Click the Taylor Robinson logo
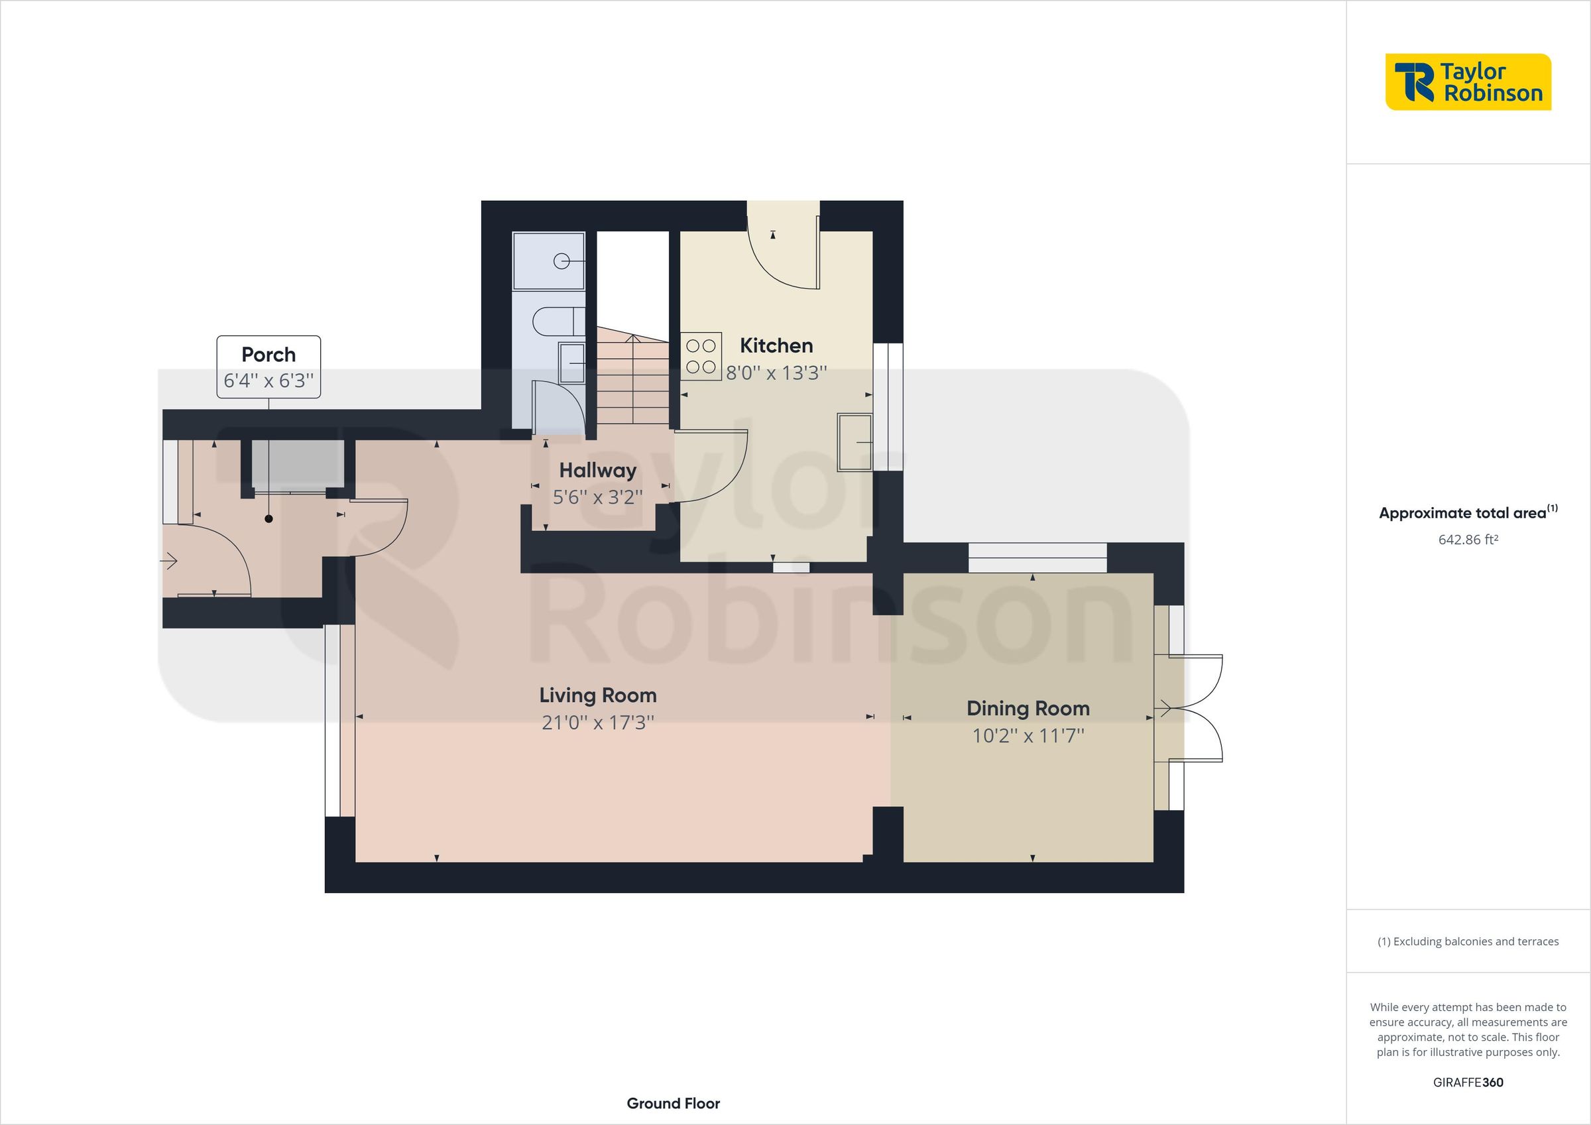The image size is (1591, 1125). coord(1468,82)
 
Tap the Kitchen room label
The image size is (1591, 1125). coord(776,345)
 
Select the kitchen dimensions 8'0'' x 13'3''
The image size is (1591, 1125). coord(776,373)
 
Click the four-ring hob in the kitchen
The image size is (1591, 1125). coord(701,356)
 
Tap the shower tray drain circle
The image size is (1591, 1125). coord(561,261)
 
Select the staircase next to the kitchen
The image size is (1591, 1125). coord(632,378)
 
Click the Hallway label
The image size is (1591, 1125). coord(597,471)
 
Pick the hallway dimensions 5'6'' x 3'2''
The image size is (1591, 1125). coord(597,497)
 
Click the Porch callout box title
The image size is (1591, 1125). coord(268,355)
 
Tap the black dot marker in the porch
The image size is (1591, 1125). coord(269,518)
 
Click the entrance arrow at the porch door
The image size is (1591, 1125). coord(169,561)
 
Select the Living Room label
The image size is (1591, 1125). coord(597,695)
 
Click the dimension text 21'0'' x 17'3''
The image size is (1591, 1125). coord(597,723)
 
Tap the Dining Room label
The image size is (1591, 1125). coord(1028,709)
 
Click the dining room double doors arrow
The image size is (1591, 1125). coord(1164,709)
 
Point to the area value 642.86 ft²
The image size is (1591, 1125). coord(1468,539)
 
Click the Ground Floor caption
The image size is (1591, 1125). coord(673,1104)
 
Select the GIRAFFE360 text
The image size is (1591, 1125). coord(1468,1082)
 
